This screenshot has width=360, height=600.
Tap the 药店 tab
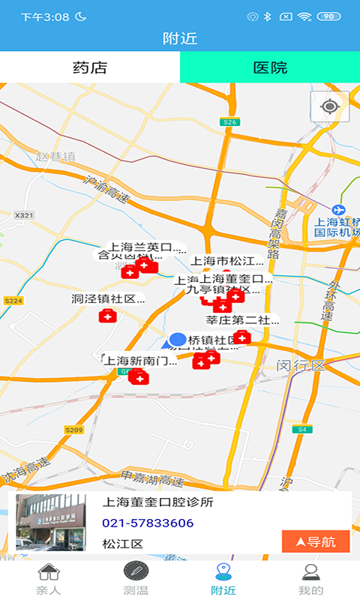point(90,67)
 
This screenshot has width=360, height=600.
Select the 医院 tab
point(270,67)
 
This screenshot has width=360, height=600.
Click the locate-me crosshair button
point(329,106)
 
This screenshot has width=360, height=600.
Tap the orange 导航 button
point(316,541)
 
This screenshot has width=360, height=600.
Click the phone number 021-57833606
point(148,523)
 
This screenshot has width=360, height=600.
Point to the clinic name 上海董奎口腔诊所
point(157,502)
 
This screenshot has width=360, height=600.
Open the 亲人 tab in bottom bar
point(48,580)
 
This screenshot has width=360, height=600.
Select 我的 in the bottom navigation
point(311,580)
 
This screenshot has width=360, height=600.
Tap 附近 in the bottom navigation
point(223,580)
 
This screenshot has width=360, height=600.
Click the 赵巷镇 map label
point(56,157)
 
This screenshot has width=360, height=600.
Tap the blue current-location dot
point(178,340)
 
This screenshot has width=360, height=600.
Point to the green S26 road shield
point(229,121)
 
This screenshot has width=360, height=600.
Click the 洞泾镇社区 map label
point(107,298)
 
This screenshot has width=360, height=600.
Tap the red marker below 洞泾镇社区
point(108,316)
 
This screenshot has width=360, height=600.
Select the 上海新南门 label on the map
point(140,361)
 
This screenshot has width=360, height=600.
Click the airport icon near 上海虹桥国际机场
point(338,209)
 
